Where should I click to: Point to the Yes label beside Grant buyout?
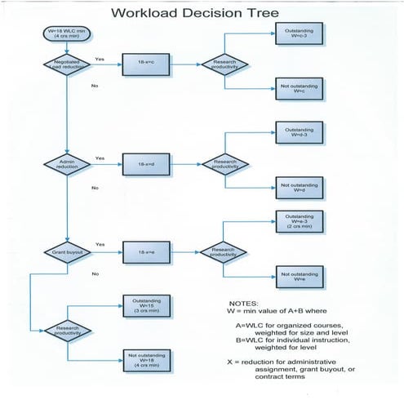tap(100, 242)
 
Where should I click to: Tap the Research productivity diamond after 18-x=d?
tap(224, 163)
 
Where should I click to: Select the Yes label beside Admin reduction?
tap(100, 158)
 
